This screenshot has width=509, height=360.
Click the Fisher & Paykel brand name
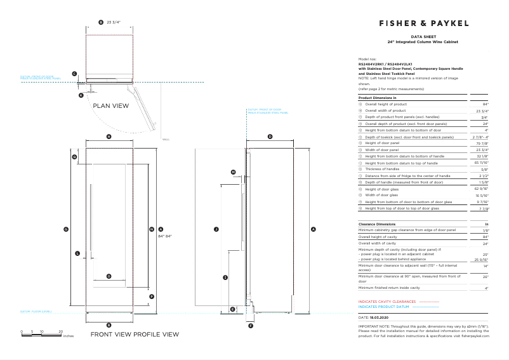point(424,23)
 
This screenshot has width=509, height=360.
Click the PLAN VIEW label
point(111,106)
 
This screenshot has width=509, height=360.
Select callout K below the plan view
point(81,95)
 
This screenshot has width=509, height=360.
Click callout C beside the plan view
point(74,74)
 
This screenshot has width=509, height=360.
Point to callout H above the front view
point(109,137)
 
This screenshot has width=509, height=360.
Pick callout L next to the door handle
point(77,253)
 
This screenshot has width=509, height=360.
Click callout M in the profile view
point(233,172)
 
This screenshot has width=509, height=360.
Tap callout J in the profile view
point(216,229)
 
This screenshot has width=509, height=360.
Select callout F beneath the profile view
point(250,326)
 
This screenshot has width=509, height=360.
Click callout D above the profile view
point(270,137)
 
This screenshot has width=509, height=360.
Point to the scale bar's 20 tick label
point(61,331)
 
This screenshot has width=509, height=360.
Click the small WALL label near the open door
point(166,139)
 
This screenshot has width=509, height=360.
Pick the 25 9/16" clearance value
point(481,260)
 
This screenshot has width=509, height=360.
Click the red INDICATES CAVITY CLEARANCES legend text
point(387,302)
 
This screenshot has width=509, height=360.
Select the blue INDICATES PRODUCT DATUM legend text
point(385,307)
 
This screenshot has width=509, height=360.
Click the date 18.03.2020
point(379,317)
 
